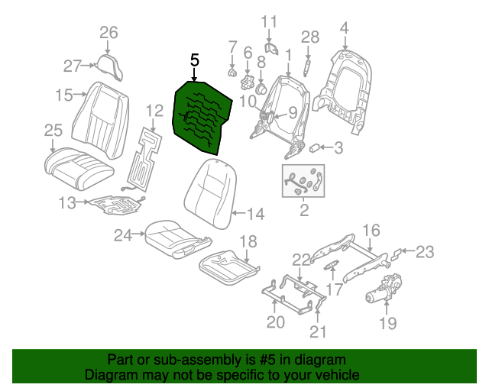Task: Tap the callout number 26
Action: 109,33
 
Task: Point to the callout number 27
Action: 72,66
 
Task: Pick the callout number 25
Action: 53,130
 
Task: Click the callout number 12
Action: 154,111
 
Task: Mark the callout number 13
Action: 67,203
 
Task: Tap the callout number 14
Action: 256,215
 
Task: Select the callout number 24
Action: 123,236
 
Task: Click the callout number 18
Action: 249,242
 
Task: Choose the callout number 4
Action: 344,28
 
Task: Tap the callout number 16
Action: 371,230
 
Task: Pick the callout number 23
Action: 425,250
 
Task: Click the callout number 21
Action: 317,331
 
